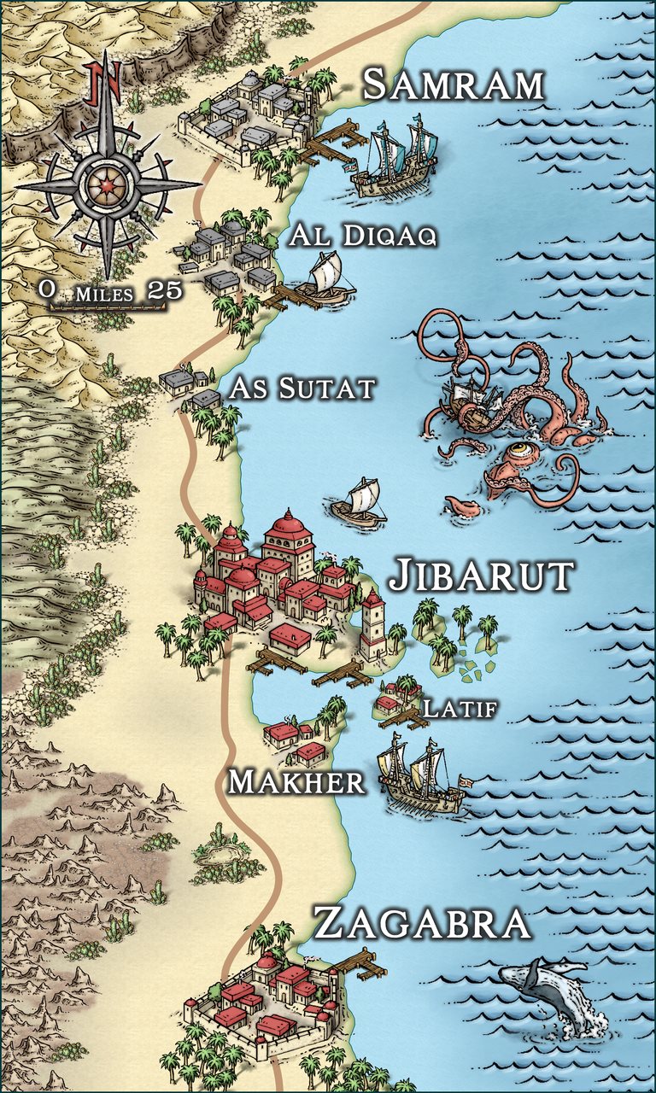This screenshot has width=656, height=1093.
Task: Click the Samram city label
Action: [453, 85]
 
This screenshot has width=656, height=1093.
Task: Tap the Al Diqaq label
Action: [363, 237]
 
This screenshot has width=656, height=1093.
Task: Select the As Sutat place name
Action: [302, 389]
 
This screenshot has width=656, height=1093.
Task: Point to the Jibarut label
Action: [481, 576]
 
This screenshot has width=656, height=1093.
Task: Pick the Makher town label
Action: [296, 780]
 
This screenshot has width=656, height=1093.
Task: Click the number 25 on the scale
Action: [165, 289]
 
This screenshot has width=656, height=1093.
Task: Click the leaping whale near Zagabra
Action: [547, 991]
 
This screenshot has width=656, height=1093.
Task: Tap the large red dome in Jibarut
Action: [288, 534]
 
